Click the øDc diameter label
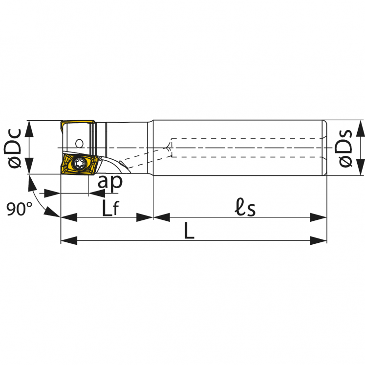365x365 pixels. pos(13,148)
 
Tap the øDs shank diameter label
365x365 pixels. pos(344,148)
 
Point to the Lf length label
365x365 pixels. pos(111,208)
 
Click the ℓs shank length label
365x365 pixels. pos(245,207)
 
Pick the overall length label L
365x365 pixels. pos(189,231)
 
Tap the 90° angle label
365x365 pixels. pos(20,209)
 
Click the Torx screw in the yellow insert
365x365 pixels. pos(79,164)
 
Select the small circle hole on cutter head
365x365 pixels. pos(80,143)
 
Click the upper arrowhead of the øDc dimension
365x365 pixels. pos(29,129)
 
